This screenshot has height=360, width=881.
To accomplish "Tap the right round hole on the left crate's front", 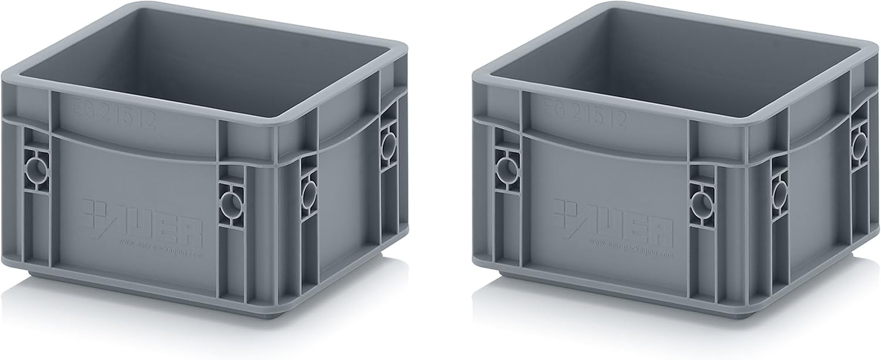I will [x=230, y=204].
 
